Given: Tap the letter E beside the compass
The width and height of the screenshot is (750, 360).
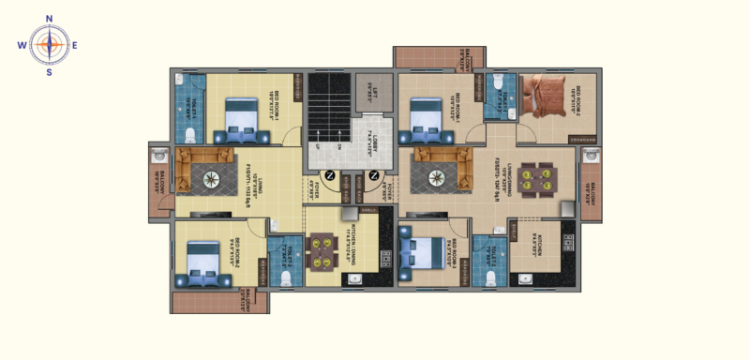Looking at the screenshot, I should point(76,45).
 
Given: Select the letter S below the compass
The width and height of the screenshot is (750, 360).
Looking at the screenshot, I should point(49,72).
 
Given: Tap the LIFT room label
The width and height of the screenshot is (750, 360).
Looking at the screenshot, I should point(372,92).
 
